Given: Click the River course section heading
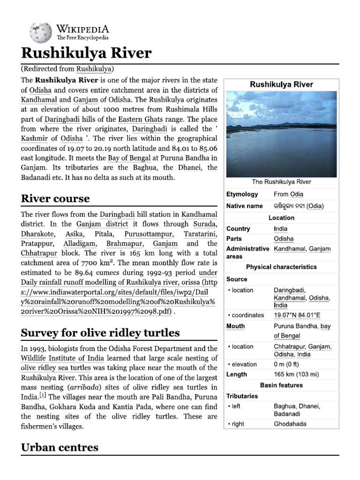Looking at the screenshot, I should click(x=55, y=198).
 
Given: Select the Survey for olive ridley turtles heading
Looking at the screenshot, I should click(x=100, y=333).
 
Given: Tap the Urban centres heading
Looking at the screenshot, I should click(x=60, y=447).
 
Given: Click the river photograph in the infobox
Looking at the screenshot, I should click(x=281, y=134).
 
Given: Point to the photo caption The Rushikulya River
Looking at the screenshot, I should click(x=281, y=182).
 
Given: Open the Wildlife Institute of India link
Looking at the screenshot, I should click(x=57, y=359).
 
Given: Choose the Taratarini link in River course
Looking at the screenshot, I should click(x=201, y=233).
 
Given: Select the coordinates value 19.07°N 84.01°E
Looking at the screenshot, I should click(x=297, y=315).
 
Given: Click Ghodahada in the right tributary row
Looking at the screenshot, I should click(x=290, y=424).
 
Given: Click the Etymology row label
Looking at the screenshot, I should click(x=242, y=194).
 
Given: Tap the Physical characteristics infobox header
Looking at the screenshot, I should click(x=281, y=267).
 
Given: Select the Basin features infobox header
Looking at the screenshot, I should click(x=281, y=385).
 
